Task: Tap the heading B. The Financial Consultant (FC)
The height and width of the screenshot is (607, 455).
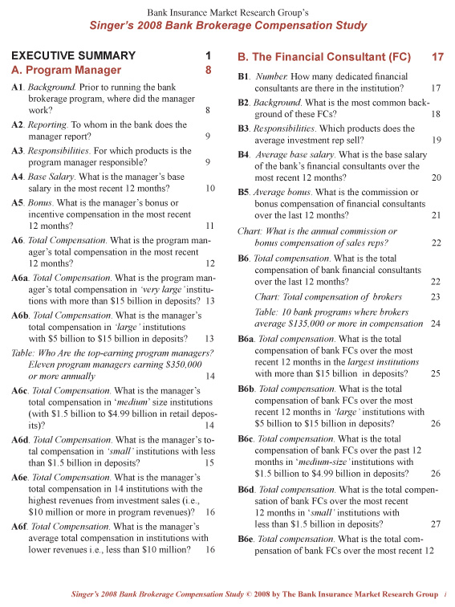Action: (324, 58)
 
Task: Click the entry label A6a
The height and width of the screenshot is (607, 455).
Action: (21, 277)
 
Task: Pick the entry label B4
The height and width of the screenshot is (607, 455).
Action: (246, 153)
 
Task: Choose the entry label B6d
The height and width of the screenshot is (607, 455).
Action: (247, 488)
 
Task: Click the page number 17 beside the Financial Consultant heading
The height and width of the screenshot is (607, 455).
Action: (437, 58)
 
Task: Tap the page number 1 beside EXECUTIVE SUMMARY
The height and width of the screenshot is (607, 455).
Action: (208, 56)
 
